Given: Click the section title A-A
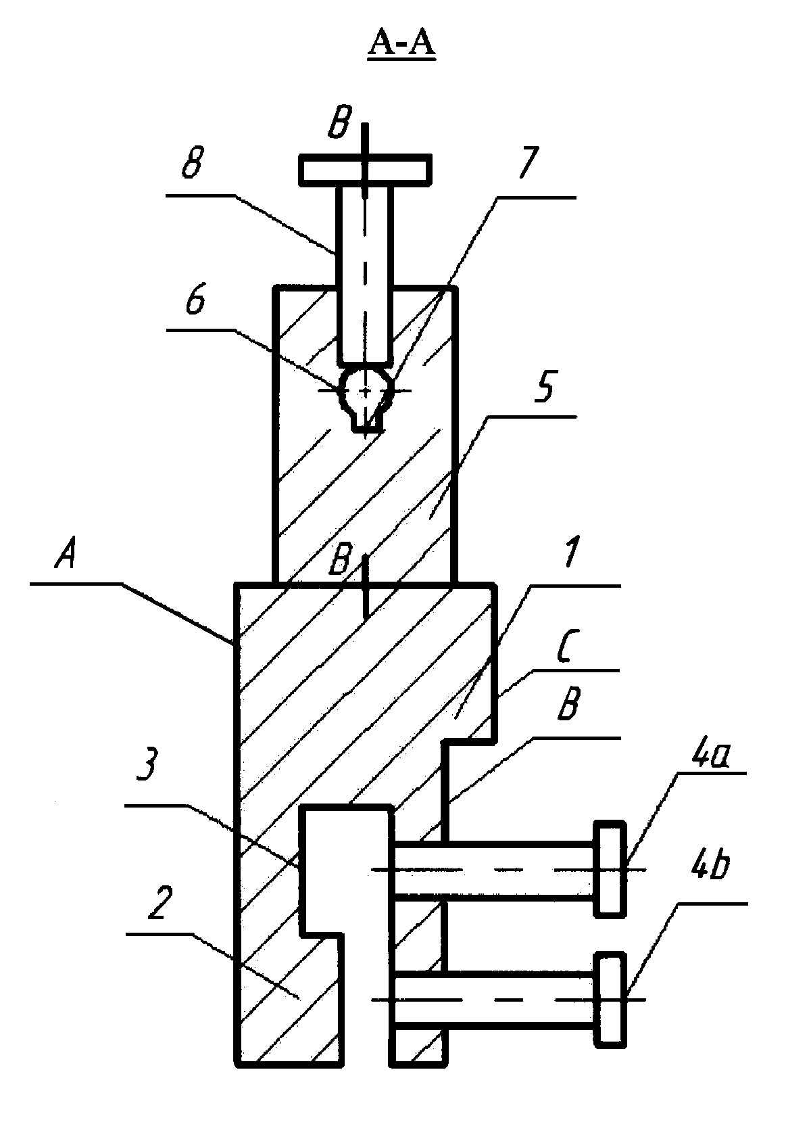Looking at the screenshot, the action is point(401,45).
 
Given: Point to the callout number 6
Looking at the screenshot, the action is point(195,300).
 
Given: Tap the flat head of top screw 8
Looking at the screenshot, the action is point(365,168).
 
